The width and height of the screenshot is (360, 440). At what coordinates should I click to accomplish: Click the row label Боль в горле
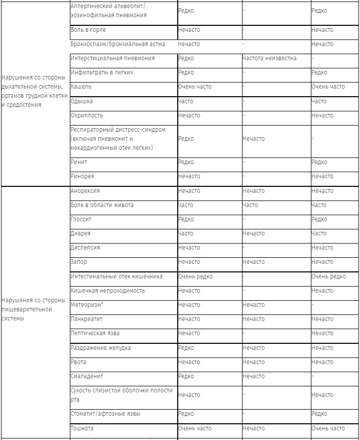coord(88,30)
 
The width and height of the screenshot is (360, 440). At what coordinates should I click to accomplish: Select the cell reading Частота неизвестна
coord(269,58)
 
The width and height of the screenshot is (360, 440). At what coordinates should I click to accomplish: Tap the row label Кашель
coord(81,87)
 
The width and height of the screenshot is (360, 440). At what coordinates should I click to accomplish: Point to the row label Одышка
coord(82,101)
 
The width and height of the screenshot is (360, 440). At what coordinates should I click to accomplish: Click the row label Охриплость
coord(86,115)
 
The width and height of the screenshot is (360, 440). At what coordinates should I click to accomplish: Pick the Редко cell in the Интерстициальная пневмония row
coord(186,58)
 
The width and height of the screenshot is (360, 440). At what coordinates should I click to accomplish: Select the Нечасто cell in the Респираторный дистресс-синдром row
coord(253,139)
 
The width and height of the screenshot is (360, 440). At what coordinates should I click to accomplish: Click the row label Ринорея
coord(82,176)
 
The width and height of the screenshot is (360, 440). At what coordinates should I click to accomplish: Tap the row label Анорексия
coord(85,191)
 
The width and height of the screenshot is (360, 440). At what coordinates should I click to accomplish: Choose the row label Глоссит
coord(81,219)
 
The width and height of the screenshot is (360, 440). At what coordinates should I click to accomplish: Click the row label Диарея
coord(81,233)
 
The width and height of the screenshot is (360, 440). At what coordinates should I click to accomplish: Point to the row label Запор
coord(78,262)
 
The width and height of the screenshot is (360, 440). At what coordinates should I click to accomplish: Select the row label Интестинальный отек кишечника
coord(116,276)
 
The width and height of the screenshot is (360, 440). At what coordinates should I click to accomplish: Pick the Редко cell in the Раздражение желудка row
coord(186,348)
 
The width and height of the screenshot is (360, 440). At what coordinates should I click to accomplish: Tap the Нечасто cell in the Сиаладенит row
coord(253,376)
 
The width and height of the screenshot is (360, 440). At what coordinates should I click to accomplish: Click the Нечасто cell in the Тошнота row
coord(253,428)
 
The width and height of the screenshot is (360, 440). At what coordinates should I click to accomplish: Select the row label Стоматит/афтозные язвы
coord(105,414)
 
